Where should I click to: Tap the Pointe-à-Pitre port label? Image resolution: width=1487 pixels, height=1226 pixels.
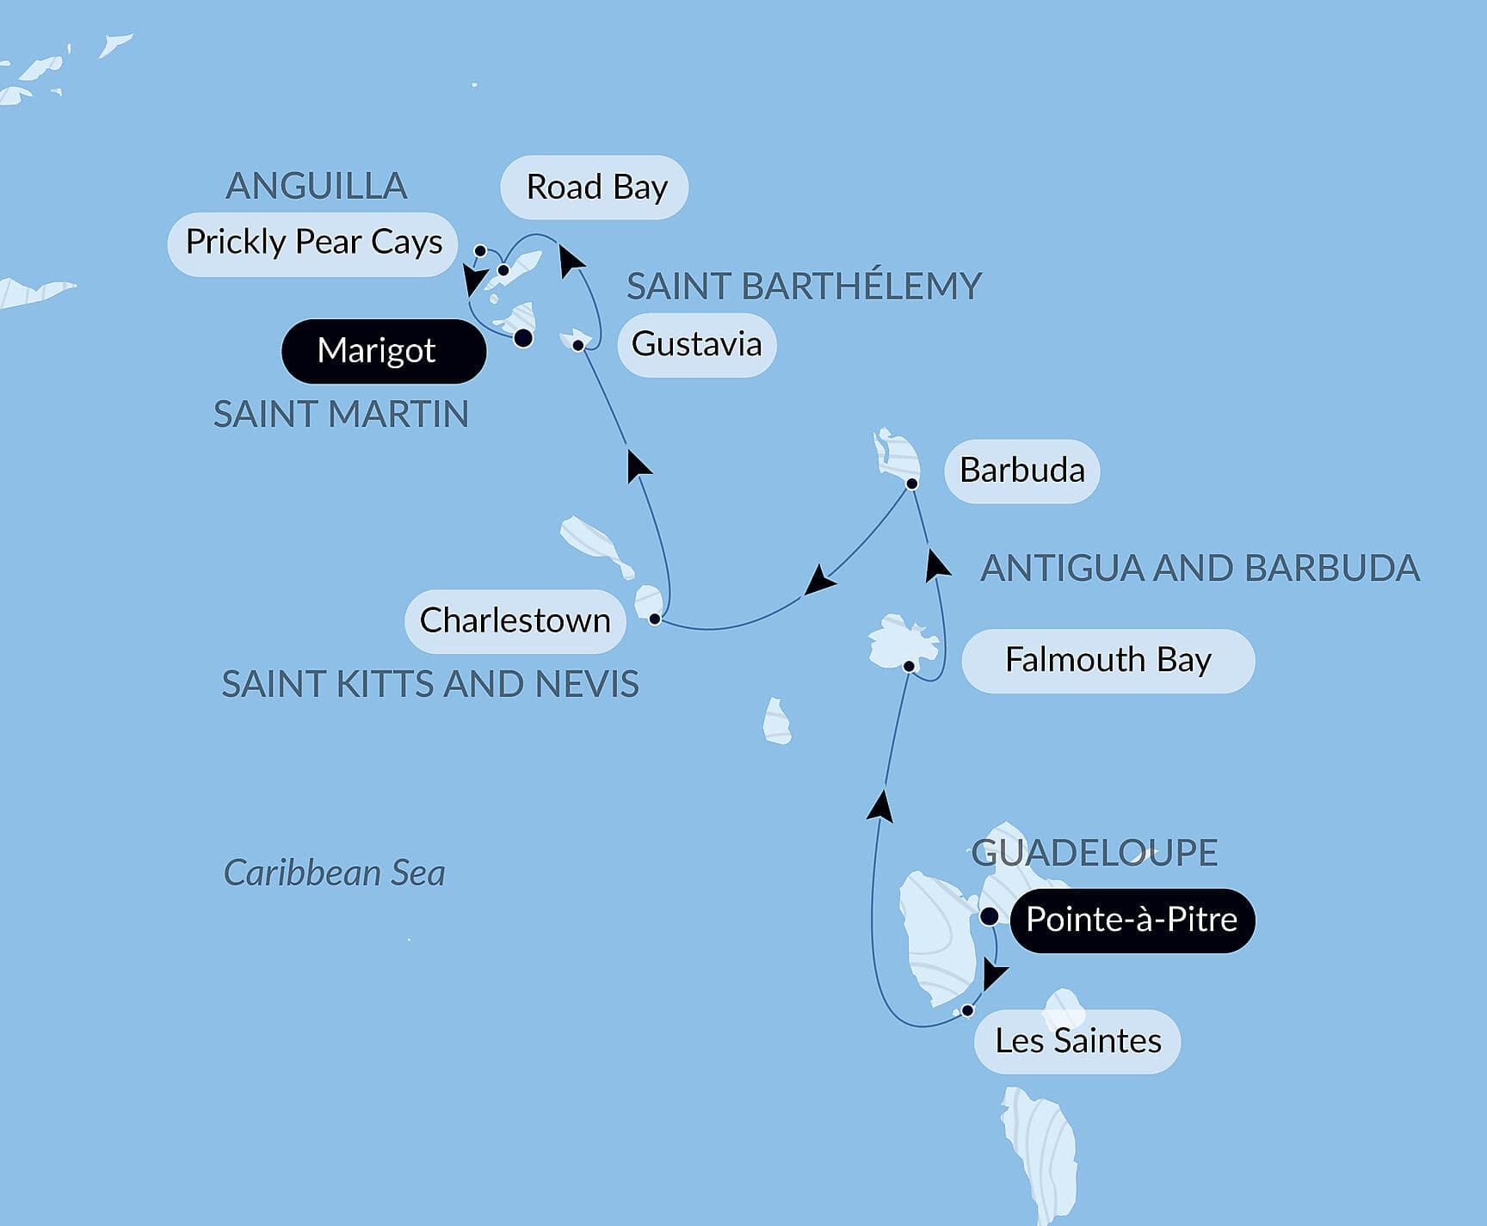click(x=1132, y=920)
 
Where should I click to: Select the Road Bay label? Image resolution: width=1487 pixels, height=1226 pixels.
click(x=595, y=187)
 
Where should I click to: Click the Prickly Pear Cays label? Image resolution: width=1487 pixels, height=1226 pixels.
click(x=313, y=243)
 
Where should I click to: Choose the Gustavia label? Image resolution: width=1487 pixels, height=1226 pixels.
click(x=696, y=344)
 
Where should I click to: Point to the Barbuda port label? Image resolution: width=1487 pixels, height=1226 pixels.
click(x=1021, y=471)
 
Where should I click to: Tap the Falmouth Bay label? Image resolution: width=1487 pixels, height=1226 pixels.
click(x=1108, y=660)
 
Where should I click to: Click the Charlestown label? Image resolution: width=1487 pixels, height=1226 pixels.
click(x=515, y=620)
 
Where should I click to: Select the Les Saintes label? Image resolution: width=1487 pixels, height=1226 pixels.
click(x=1077, y=1041)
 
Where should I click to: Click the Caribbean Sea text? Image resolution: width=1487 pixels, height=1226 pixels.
click(x=334, y=873)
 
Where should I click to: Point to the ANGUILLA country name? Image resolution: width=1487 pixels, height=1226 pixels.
click(x=316, y=186)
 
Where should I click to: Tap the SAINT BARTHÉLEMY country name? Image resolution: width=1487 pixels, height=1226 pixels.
click(x=804, y=286)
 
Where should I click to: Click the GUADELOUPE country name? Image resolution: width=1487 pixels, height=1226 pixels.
click(x=1094, y=853)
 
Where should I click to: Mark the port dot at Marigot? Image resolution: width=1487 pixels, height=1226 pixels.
click(x=523, y=338)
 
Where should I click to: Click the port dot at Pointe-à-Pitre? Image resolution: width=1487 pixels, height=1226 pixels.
click(x=990, y=916)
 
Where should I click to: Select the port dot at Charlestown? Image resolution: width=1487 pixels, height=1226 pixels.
click(x=655, y=619)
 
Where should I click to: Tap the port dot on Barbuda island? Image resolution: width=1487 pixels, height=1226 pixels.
click(x=912, y=484)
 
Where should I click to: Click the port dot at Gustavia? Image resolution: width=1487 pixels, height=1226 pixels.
click(x=579, y=345)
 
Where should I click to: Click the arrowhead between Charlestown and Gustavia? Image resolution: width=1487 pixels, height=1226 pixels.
click(x=638, y=465)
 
